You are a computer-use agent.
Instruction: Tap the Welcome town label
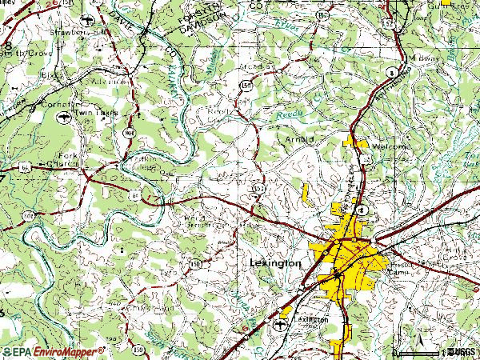390,147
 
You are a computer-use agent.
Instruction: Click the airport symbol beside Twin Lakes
62,117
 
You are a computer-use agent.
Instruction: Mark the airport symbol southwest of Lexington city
278,325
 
